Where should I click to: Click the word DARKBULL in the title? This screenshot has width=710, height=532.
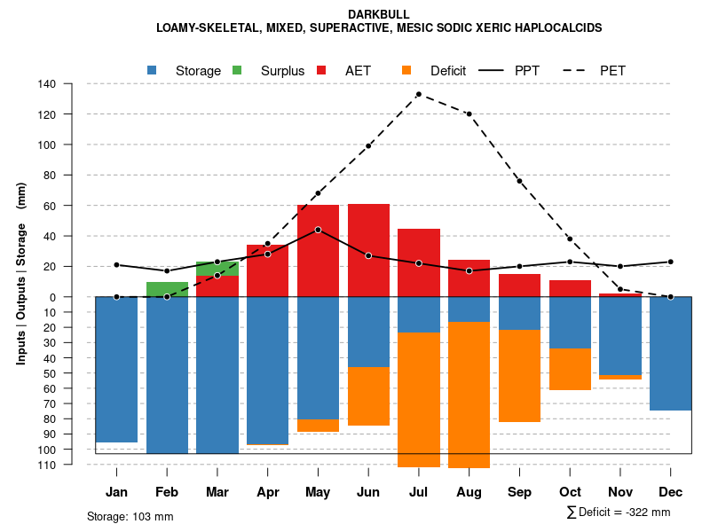[379, 14]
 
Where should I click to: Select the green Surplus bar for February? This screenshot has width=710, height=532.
[167, 289]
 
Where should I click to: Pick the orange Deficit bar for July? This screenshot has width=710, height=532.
[419, 399]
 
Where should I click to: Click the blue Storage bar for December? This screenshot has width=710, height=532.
[670, 353]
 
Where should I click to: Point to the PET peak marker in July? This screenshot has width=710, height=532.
[418, 94]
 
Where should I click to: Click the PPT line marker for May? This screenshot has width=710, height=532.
[318, 230]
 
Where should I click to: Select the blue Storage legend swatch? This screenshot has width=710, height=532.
[153, 70]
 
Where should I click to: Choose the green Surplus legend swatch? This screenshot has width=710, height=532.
[237, 70]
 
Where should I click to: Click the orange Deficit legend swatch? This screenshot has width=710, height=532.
[406, 70]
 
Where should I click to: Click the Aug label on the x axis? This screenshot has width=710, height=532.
[469, 492]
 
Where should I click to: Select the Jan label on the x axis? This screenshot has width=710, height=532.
[117, 492]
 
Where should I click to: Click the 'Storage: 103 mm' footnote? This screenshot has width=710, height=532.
[130, 516]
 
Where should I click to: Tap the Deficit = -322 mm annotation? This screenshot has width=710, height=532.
[618, 512]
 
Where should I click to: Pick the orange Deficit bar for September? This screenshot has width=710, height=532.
[519, 375]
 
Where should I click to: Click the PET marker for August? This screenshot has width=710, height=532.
[469, 113]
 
